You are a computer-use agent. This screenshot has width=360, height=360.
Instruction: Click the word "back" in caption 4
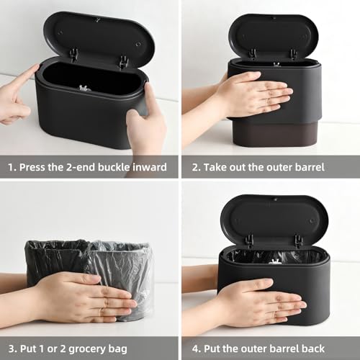[x=335, y=348]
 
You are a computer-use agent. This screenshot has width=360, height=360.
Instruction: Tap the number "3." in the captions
[x=12, y=348]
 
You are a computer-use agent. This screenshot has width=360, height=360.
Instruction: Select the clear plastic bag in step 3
[x=130, y=270]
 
